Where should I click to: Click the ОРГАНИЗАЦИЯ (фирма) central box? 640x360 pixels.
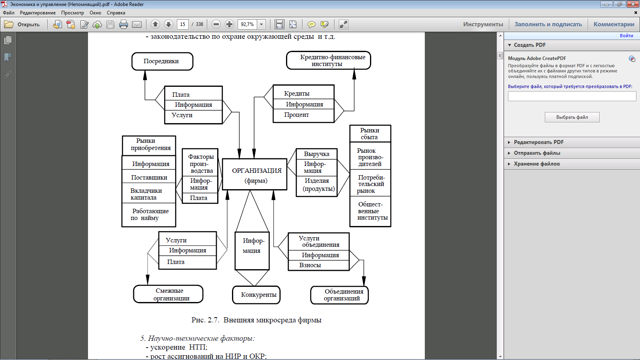[x=255, y=174]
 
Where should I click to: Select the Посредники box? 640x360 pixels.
[x=162, y=61]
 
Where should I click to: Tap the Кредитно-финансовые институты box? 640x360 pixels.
[x=328, y=60]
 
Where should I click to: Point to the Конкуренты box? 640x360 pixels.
[x=256, y=295]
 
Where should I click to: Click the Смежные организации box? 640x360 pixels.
[x=168, y=294]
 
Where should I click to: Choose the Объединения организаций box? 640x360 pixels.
[x=340, y=295]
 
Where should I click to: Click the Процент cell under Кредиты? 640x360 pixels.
[x=303, y=115]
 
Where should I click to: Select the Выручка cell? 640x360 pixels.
[x=316, y=154]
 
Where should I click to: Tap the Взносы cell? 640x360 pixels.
[x=318, y=265]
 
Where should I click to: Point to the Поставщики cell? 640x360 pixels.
[x=149, y=177]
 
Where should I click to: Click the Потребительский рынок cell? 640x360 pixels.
[x=370, y=184]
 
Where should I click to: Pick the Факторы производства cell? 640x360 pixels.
[x=200, y=164]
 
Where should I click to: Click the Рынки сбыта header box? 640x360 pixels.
[x=370, y=134]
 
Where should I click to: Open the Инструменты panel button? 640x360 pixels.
[x=483, y=24]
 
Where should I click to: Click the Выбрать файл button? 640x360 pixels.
[x=572, y=117]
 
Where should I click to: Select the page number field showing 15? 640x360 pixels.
[x=182, y=24]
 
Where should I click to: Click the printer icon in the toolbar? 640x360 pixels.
[x=124, y=24]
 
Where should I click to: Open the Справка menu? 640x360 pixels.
[x=116, y=13]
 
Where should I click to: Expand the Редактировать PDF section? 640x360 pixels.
[x=538, y=142]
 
